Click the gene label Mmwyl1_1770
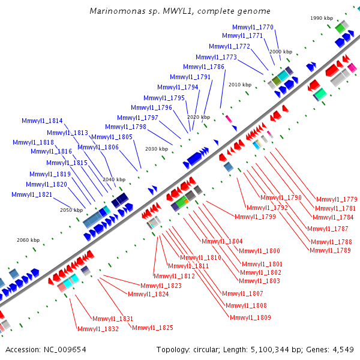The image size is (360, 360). pyautogui.click(x=253, y=27)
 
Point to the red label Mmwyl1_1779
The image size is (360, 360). pyautogui.click(x=337, y=199)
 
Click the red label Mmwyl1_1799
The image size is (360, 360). pyautogui.click(x=255, y=217)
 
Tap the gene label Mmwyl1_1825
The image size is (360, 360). pyautogui.click(x=152, y=328)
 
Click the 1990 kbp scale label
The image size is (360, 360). pyautogui.click(x=321, y=19)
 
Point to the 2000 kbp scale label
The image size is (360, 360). pyautogui.click(x=280, y=52)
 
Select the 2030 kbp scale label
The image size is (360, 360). pyautogui.click(x=156, y=149)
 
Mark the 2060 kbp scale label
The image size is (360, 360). pyautogui.click(x=27, y=240)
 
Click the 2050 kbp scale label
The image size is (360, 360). pyautogui.click(x=71, y=210)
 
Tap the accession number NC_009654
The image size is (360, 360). pyautogui.click(x=65, y=349)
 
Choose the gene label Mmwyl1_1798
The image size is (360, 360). pyautogui.click(x=125, y=127)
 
